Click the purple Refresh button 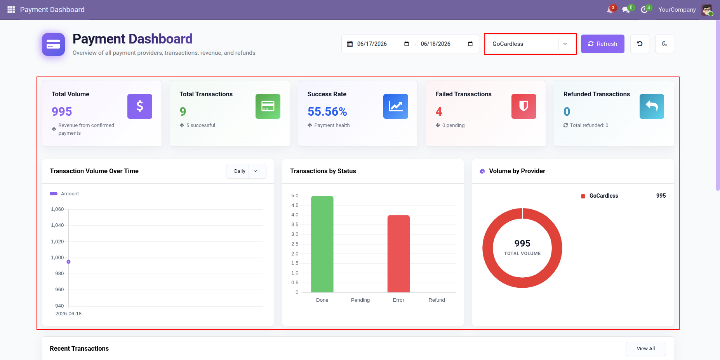[602, 44]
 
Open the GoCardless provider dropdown [530, 44]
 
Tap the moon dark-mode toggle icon [664, 44]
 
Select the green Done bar [322, 244]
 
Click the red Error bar [398, 254]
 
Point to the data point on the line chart [68, 262]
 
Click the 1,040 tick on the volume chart [57, 225]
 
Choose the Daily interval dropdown [246, 171]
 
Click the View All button [645, 349]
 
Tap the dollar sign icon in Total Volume [140, 106]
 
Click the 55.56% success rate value [327, 112]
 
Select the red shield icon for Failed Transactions [524, 106]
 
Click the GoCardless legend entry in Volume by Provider [603, 196]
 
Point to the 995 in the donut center [522, 243]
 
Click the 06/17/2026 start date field [372, 44]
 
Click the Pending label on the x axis [360, 300]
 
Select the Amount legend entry [64, 194]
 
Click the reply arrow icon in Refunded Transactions [652, 106]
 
